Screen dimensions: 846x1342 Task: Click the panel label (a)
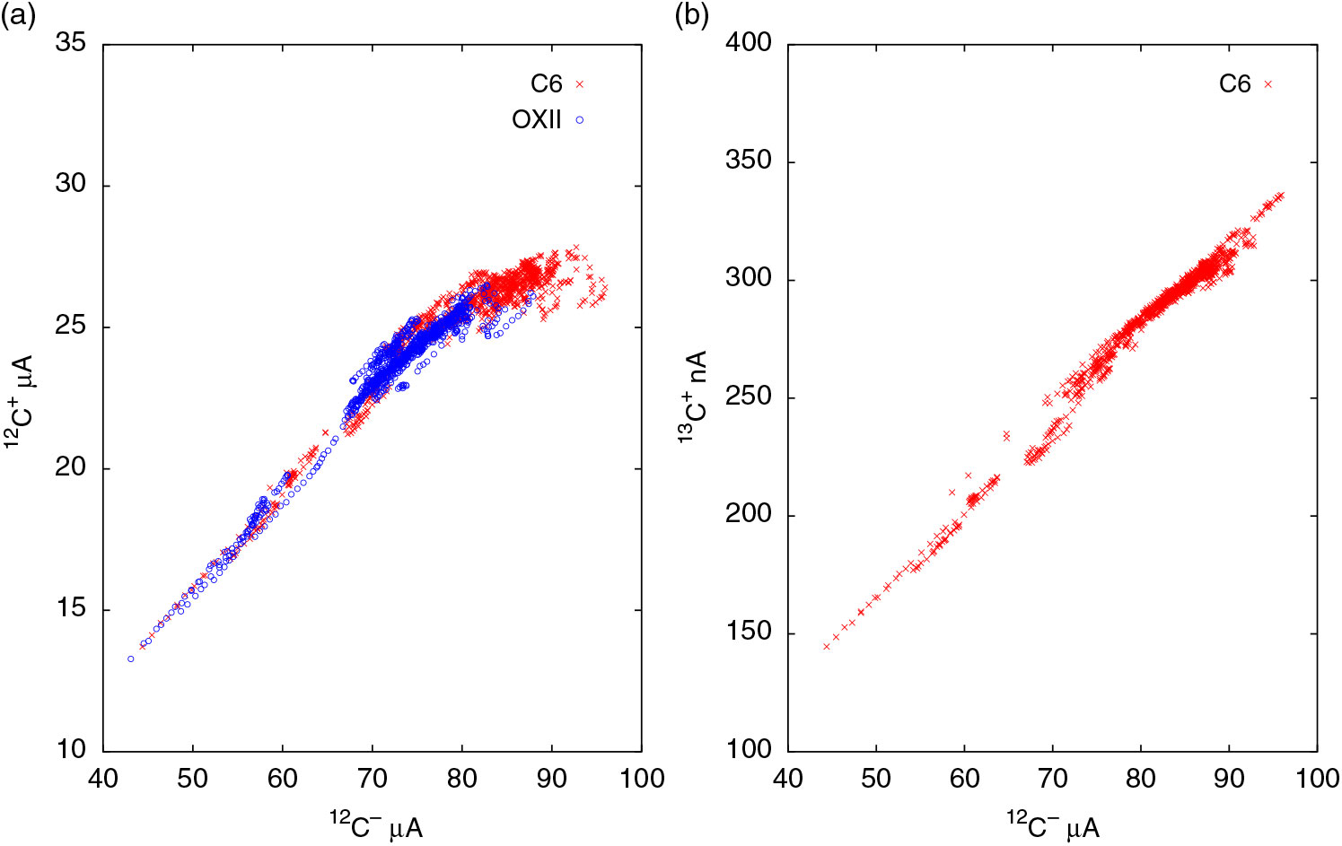[18, 15]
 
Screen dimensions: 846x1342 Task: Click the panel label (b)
[692, 15]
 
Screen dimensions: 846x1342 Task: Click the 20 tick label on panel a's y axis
[72, 468]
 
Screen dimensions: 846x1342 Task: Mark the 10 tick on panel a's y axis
[72, 750]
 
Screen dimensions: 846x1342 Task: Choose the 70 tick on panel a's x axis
[372, 778]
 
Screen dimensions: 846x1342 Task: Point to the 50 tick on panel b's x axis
[875, 778]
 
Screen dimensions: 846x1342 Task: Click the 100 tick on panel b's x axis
[1317, 778]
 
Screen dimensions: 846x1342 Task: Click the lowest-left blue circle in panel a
[130, 658]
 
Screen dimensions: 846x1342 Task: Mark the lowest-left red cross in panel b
[827, 646]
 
